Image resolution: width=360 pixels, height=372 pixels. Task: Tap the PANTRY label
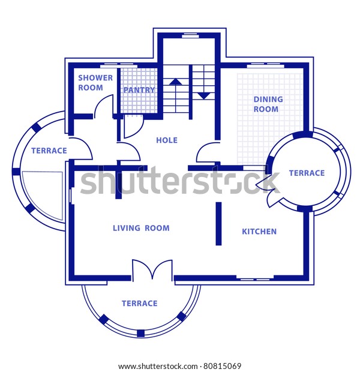(x=139, y=90)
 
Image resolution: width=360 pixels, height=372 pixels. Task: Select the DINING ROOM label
(x=265, y=104)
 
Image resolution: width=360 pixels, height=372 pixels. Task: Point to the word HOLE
(x=166, y=140)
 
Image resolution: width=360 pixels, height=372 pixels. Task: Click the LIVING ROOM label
(x=141, y=228)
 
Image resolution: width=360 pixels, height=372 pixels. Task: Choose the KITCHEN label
(x=259, y=232)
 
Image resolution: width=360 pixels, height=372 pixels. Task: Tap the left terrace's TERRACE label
(x=49, y=151)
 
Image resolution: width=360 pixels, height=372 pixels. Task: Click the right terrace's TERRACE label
(x=307, y=173)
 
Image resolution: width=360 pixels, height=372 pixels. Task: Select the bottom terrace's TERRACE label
(x=139, y=304)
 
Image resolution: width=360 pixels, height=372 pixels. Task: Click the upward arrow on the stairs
(x=175, y=81)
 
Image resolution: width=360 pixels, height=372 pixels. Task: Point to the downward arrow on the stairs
(x=204, y=95)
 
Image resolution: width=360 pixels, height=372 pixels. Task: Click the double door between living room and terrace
(x=152, y=270)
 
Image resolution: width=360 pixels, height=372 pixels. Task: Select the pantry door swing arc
(x=133, y=126)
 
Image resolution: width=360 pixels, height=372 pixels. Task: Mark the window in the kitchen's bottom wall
(x=254, y=278)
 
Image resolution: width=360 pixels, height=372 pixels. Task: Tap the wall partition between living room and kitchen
(x=218, y=223)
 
